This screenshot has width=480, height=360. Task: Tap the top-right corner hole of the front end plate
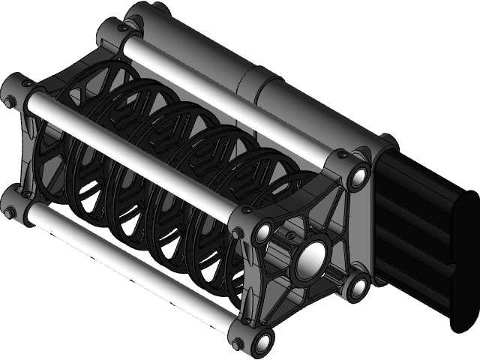[x=357, y=178]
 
